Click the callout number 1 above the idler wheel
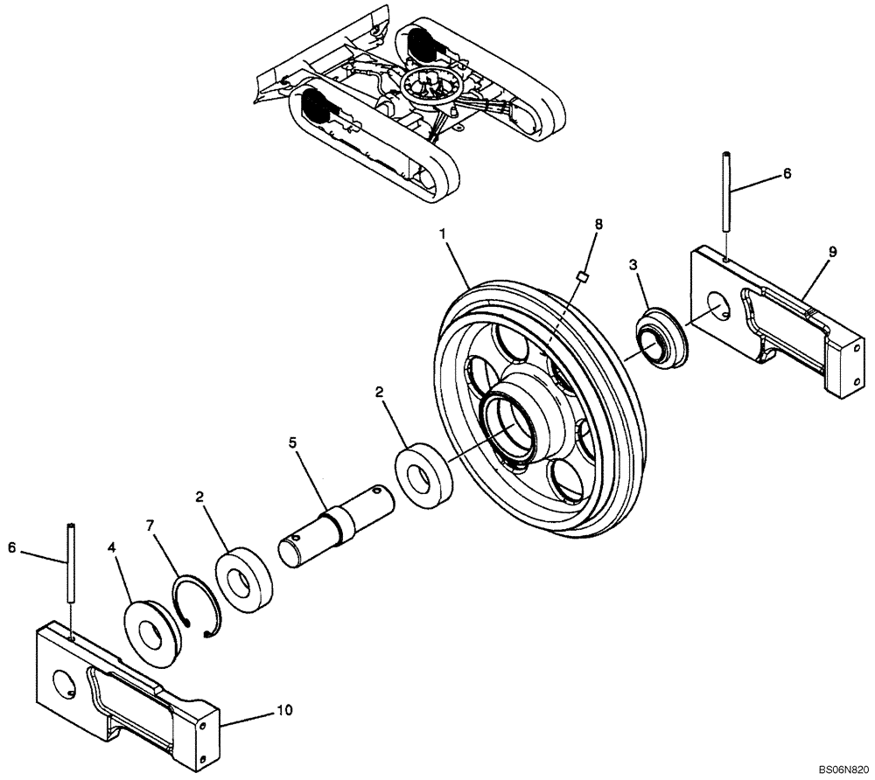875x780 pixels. pos(444,235)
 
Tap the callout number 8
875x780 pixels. pos(598,226)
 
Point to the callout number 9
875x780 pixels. pos(831,252)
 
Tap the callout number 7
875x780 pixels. pos(150,526)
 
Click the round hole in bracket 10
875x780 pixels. pos(63,686)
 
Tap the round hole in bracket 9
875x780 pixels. pos(718,308)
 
